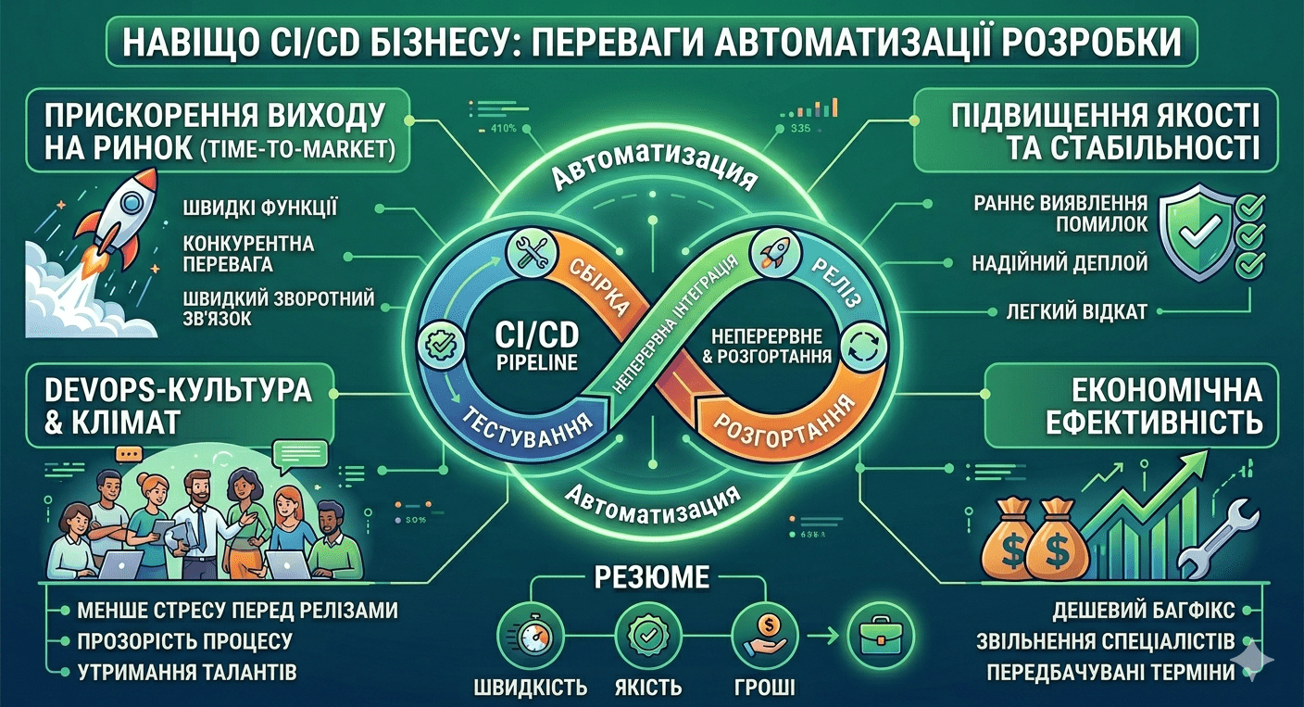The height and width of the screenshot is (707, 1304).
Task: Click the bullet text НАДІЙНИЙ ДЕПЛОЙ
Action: (x=1060, y=263)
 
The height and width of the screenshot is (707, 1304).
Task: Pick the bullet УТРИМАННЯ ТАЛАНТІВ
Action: (x=190, y=672)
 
